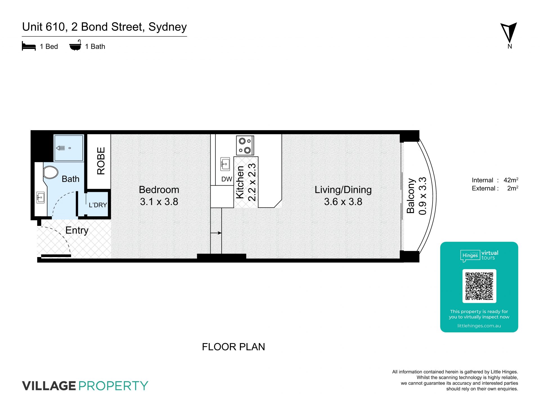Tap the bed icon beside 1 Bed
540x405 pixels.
click(29, 46)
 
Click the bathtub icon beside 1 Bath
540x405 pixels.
click(75, 46)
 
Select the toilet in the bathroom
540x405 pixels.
click(51, 172)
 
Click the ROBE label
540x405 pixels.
click(101, 161)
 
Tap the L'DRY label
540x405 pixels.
click(98, 205)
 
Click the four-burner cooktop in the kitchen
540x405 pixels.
click(245, 146)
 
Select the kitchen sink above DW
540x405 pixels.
click(225, 164)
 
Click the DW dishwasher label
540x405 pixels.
click(227, 179)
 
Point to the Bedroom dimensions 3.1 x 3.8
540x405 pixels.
click(159, 202)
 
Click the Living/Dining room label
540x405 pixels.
click(343, 190)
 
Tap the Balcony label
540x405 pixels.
click(411, 196)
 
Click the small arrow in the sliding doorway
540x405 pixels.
click(216, 233)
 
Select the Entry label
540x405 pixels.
click(77, 230)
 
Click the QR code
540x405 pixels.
click(479, 286)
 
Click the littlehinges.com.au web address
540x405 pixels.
click(479, 326)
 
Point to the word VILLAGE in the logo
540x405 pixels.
click(49, 386)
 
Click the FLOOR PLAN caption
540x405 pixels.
click(233, 347)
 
